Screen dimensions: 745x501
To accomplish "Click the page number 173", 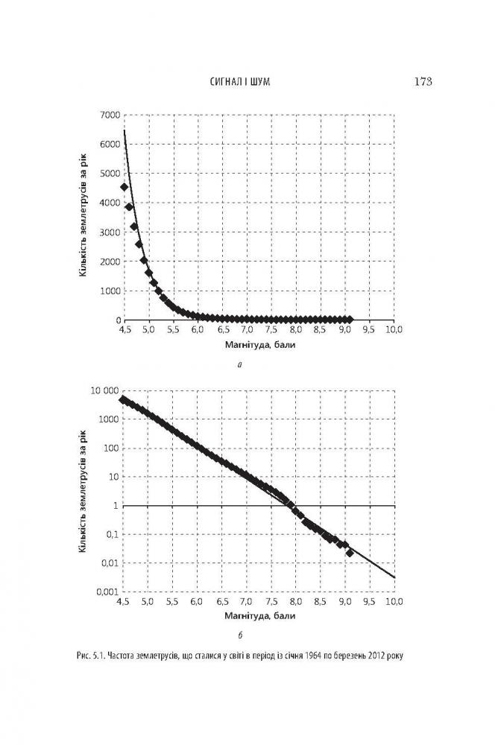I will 421,81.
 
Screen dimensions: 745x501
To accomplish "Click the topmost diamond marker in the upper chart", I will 125,187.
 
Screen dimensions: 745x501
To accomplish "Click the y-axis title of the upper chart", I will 83,217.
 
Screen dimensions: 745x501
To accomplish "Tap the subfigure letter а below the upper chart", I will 239,365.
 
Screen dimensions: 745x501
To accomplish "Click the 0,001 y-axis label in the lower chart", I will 107,592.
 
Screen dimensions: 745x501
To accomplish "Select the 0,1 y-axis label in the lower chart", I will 110,534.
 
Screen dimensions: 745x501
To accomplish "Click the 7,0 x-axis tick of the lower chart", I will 245,602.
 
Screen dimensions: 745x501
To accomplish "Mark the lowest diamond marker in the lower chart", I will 350,552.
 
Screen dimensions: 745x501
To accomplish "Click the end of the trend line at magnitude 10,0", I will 394,577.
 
